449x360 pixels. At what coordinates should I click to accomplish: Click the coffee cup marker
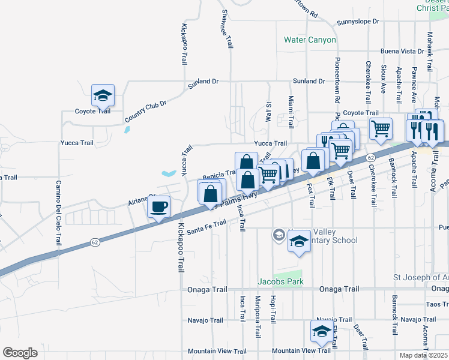159,208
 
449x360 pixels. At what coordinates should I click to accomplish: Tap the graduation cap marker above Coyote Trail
103,95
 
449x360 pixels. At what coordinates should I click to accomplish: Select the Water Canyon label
310,40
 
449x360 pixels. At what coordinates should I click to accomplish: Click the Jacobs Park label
280,281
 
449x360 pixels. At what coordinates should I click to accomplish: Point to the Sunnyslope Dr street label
358,22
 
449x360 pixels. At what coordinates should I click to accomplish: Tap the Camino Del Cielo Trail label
59,213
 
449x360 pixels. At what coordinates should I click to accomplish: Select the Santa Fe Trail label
206,226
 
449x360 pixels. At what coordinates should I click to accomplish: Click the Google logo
20,353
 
